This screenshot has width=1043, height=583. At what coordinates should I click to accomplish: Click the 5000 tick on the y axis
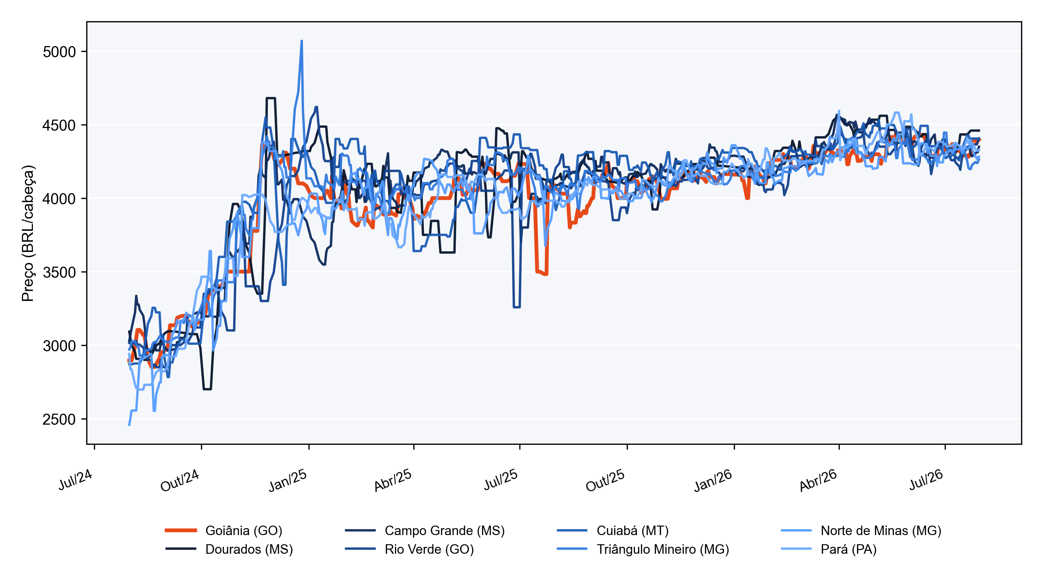point(59,52)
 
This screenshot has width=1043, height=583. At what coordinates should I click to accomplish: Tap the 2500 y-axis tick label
point(59,419)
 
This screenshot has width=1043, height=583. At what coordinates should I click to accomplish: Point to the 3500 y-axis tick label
point(59,272)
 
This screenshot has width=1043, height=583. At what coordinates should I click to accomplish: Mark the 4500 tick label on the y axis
point(59,125)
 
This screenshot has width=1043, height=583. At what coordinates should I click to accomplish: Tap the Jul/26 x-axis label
point(926,480)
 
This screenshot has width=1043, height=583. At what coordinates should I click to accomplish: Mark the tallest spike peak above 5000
point(301,41)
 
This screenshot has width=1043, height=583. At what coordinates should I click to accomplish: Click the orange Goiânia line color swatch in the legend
point(181,530)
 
